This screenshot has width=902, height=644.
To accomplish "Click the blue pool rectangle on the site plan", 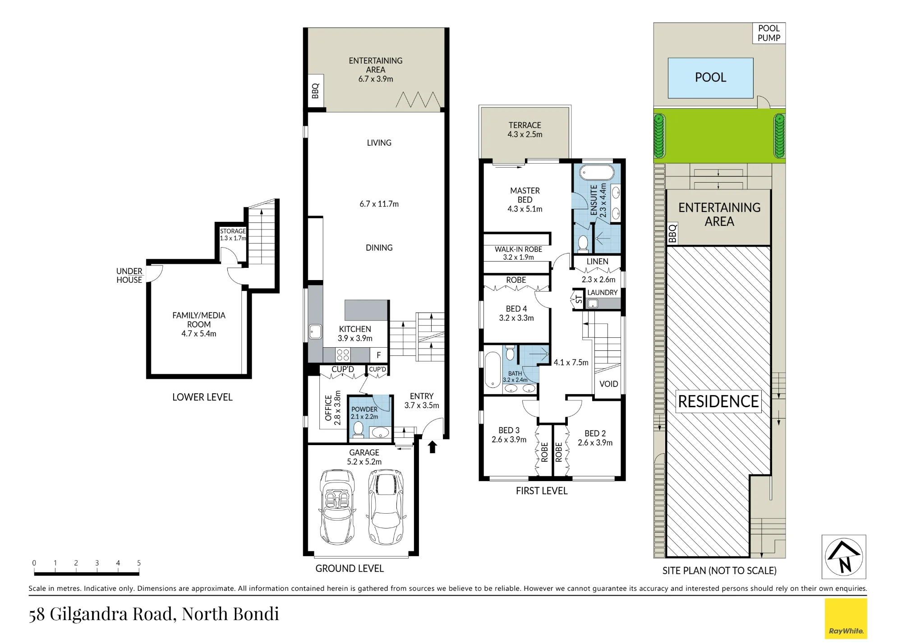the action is coord(710,78).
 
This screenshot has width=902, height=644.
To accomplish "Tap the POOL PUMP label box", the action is coord(769,33).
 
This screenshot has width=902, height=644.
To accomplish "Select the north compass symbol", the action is coord(844,557).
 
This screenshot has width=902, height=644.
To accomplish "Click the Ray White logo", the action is coord(846,618).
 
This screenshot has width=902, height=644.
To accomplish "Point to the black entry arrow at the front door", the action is coord(433,447).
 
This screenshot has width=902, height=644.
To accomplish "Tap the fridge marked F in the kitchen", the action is coord(379,355).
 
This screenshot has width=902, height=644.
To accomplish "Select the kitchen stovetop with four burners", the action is coord(343,355).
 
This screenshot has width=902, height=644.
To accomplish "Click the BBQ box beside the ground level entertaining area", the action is coord(316,91).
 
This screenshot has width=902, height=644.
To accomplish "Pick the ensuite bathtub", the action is coord(597,173).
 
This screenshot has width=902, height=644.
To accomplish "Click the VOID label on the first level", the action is coord(608,384).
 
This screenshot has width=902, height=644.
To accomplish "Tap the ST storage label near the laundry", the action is coord(579,299).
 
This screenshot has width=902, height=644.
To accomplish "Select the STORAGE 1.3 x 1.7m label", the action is coord(233,235).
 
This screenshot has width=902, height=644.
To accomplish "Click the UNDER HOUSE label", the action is coord(129,276).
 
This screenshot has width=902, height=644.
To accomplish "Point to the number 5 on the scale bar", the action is coord(139,563).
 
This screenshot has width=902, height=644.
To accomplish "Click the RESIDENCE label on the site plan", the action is coord(718,401).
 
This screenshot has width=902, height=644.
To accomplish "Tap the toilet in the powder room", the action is coord(358,429).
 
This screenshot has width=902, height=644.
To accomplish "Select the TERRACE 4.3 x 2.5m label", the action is coord(525,129).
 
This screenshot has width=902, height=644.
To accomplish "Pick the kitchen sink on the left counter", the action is coord(315,332).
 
